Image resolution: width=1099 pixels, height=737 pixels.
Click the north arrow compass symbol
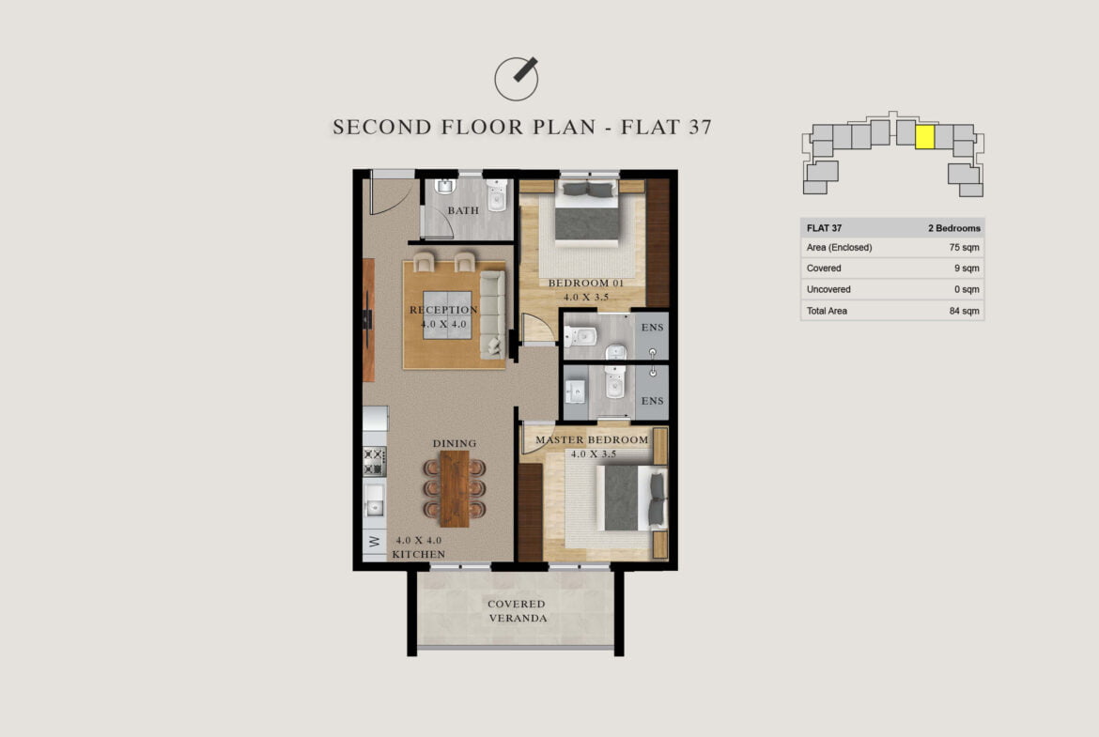(x=517, y=79)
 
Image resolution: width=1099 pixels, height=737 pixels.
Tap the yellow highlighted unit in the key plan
(x=925, y=137)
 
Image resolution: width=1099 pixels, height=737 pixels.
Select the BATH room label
(x=463, y=210)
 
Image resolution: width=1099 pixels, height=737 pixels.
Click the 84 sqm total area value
(x=965, y=311)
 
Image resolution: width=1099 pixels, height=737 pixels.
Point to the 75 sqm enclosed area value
(x=965, y=247)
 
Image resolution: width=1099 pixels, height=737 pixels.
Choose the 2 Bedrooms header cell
(x=954, y=228)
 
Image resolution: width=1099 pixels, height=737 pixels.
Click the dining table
(x=455, y=488)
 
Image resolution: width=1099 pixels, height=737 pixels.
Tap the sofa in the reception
(x=492, y=315)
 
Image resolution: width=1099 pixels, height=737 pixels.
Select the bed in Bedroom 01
(x=587, y=211)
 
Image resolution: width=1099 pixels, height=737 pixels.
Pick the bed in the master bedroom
(x=631, y=499)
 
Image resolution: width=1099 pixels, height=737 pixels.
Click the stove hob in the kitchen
(x=374, y=461)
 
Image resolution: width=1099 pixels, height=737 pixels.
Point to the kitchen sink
(x=374, y=500)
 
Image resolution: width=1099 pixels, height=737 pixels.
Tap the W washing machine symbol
(x=374, y=542)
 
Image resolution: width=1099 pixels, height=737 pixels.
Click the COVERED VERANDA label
(x=518, y=611)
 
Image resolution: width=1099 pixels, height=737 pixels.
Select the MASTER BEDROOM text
(x=593, y=440)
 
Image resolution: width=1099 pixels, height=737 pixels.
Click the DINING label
(x=455, y=443)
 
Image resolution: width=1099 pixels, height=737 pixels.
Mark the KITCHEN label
(x=418, y=554)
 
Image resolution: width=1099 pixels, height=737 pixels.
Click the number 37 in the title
(x=700, y=127)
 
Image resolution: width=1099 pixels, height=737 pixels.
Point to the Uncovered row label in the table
(x=828, y=289)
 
